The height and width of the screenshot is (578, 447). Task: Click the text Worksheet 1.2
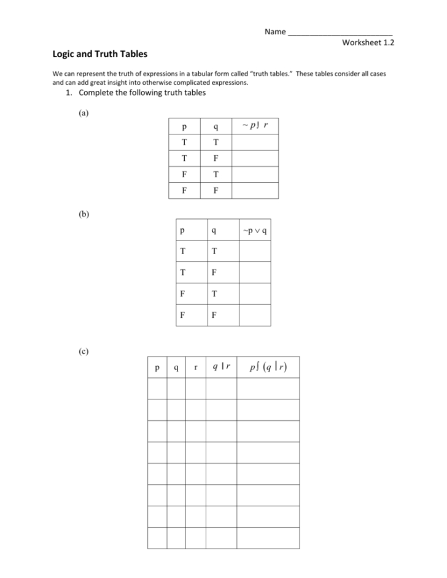[368, 42]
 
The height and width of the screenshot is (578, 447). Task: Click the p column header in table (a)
[184, 128]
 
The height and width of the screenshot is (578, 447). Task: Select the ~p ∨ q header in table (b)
[254, 231]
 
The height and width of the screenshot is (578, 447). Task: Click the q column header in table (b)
[213, 231]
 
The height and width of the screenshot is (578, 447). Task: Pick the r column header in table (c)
[195, 368]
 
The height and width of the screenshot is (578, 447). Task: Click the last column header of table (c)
[268, 368]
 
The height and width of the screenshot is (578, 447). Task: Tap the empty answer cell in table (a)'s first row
[255, 143]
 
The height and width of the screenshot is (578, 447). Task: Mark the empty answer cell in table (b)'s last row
[254, 315]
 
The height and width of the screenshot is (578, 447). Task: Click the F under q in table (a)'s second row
[216, 158]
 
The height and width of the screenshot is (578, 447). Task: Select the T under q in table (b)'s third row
[213, 294]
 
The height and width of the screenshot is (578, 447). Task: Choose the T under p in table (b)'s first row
[182, 252]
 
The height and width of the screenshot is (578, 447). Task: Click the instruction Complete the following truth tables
[142, 93]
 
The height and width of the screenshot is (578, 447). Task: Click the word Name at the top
[275, 31]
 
